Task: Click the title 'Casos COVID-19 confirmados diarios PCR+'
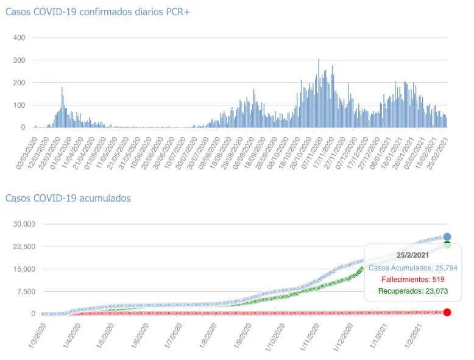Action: point(97,13)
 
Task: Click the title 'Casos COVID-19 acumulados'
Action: point(68,198)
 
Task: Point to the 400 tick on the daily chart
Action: point(18,38)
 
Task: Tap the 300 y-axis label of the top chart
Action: point(18,60)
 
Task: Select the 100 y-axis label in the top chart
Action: point(18,105)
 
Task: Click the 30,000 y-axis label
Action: point(25,224)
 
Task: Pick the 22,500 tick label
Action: point(25,247)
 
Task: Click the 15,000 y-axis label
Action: point(25,269)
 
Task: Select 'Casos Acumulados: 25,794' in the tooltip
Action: point(413,267)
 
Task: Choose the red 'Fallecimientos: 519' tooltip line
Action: point(413,279)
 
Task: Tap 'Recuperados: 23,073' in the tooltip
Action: point(413,291)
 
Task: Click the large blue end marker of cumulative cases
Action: point(447,236)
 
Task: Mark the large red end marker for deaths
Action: point(447,312)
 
